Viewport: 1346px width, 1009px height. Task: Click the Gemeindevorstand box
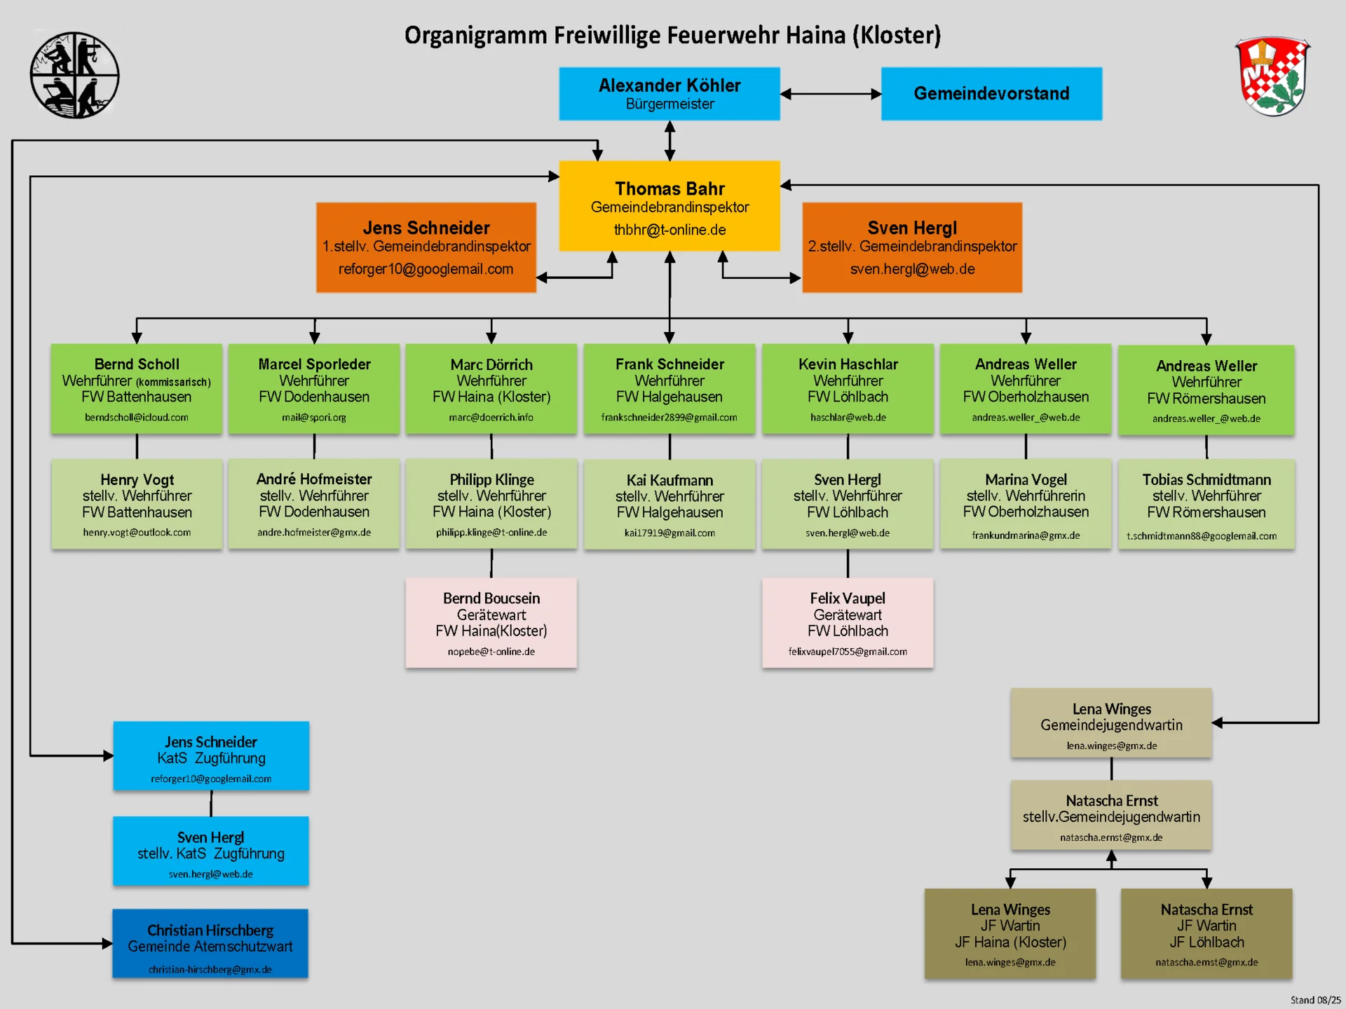[991, 94]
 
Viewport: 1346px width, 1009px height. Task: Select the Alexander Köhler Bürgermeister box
[669, 94]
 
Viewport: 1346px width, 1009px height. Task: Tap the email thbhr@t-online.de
[669, 230]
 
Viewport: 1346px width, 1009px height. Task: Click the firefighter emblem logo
[74, 75]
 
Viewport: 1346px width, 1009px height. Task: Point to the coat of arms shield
[1272, 76]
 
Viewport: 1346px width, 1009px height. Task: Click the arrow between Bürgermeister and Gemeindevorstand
[830, 94]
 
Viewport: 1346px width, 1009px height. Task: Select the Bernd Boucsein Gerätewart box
[491, 622]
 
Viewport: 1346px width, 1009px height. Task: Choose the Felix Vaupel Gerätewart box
[847, 622]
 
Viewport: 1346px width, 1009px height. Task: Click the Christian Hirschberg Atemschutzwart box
[210, 943]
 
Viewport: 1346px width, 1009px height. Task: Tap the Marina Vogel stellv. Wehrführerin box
[1025, 504]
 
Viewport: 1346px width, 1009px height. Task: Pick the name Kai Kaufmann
[669, 480]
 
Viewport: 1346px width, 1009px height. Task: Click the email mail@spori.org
[313, 418]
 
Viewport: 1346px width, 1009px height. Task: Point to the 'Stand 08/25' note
[1315, 1000]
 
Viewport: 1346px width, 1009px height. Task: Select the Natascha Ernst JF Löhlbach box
[1206, 933]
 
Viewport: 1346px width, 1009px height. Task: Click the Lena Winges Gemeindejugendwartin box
[1110, 722]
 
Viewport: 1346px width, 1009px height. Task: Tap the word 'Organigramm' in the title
[476, 35]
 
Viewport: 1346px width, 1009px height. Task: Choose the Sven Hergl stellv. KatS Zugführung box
[210, 851]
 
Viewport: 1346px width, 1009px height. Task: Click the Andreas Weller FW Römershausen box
[1206, 390]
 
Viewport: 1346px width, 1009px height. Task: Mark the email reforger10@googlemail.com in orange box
[426, 269]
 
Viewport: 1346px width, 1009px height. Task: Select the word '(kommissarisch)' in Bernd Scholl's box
[173, 382]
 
